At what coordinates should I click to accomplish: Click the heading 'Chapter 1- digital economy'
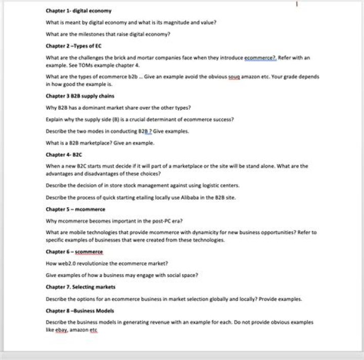coord(78,11)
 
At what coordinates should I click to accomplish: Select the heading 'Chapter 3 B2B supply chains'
coord(80,96)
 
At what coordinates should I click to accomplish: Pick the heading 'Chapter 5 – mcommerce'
coord(75,209)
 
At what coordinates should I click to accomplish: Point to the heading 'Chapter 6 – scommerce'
coord(74,252)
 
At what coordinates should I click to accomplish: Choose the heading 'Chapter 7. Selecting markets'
coord(80,287)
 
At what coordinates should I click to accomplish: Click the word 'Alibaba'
coord(196,198)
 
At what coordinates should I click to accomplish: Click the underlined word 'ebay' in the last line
coord(61,330)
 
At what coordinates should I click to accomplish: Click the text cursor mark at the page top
coord(297,4)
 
